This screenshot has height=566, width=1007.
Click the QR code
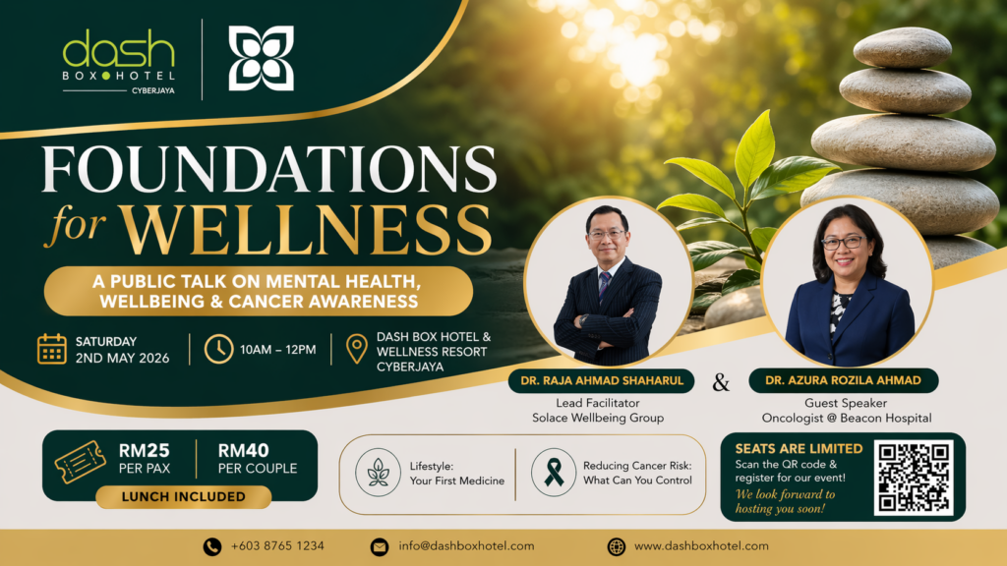[914, 478]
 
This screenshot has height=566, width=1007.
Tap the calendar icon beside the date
[51, 349]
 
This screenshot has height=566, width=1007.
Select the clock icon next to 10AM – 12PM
[218, 349]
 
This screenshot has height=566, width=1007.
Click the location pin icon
[357, 349]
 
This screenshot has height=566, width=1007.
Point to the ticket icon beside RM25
[80, 461]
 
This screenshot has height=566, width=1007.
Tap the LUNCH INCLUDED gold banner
[183, 496]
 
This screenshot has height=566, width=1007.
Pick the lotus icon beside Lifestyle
[379, 472]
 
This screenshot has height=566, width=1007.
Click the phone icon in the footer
[211, 546]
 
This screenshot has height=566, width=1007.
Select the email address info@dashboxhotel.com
[466, 546]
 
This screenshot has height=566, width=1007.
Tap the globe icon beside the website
[617, 546]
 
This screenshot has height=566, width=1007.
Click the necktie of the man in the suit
[604, 286]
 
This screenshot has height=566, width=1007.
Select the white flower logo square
[261, 59]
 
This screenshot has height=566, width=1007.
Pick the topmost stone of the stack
[902, 46]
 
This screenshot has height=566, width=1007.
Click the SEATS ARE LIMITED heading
[799, 448]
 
